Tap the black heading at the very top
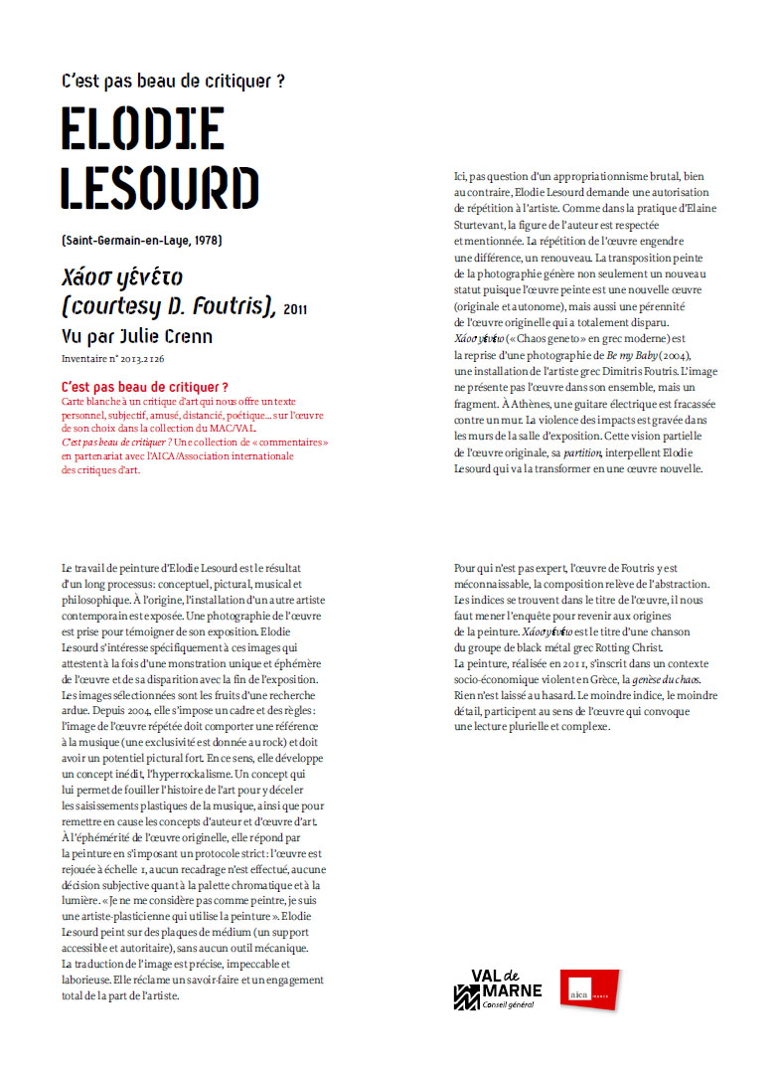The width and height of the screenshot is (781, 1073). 174,81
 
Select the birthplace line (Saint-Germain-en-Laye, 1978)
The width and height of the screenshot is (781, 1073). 140,241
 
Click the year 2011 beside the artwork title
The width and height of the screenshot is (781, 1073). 295,310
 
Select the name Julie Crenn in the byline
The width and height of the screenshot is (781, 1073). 167,336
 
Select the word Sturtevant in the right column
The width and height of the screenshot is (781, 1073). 482,225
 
